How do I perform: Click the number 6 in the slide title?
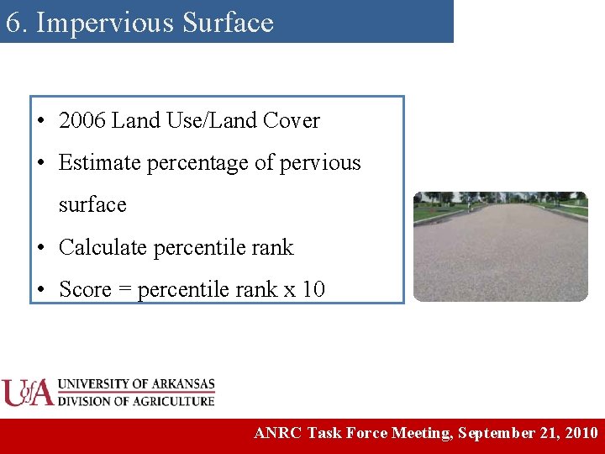(13, 23)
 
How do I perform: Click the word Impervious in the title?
(87, 23)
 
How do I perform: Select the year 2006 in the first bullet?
(82, 121)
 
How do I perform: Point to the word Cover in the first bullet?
(292, 121)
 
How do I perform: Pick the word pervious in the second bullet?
(323, 163)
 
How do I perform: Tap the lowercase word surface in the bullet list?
(92, 205)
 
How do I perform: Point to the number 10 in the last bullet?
(313, 290)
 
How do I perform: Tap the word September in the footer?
(497, 434)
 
